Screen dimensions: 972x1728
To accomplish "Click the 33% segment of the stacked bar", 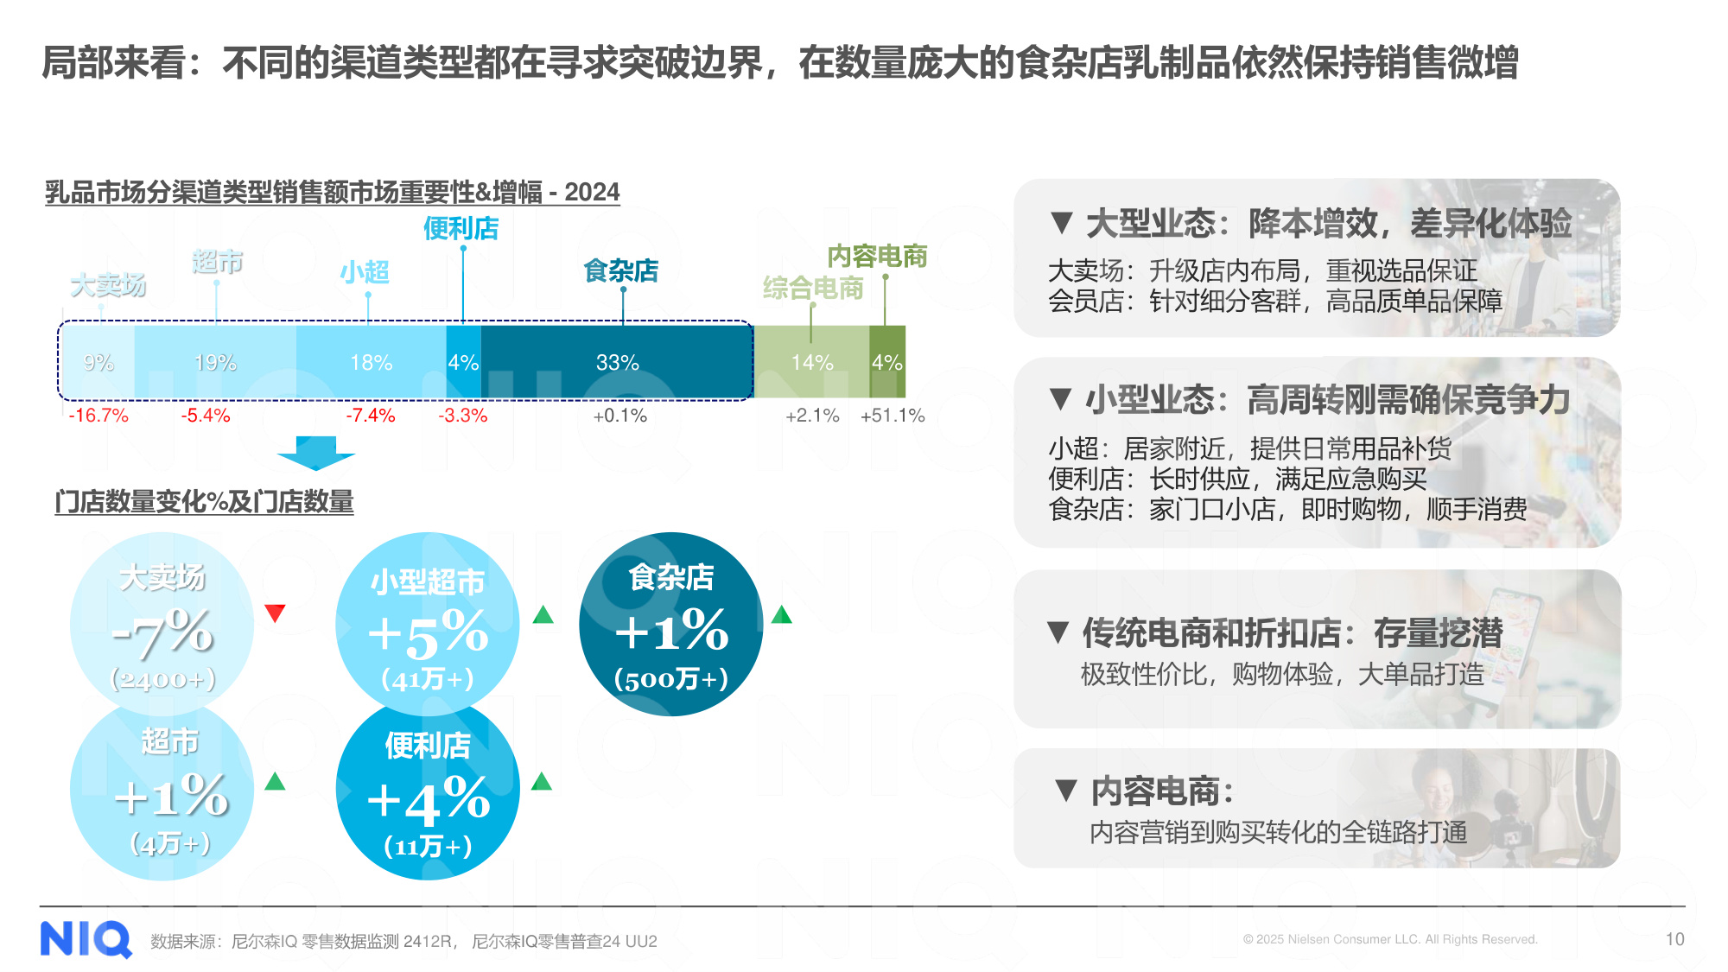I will tap(617, 363).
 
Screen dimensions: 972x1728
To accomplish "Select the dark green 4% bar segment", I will tap(887, 363).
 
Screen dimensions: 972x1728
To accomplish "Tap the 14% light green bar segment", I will tap(812, 363).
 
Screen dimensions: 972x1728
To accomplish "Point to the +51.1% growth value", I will tap(893, 416).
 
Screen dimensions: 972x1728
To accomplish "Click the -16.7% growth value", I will tap(98, 416).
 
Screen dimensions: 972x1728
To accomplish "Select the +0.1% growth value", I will tap(619, 416).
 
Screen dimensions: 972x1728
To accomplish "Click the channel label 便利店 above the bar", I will tap(461, 229).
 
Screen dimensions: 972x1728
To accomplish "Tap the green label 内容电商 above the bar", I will tap(877, 257).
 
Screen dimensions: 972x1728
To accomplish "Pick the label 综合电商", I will tap(813, 288).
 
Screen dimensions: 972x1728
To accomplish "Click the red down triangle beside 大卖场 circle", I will tap(275, 613).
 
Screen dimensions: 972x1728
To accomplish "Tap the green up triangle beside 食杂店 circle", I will tap(781, 614).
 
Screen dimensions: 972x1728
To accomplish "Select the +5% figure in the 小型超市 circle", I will tap(429, 633).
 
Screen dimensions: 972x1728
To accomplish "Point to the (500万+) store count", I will tap(671, 679).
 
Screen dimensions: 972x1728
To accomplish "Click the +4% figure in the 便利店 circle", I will tap(429, 800).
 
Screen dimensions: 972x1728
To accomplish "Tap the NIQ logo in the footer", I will tap(86, 939).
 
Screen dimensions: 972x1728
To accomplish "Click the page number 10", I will tap(1674, 939).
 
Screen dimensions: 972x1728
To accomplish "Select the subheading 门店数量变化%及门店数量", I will tap(204, 502).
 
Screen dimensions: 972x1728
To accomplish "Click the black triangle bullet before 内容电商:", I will tap(1066, 790).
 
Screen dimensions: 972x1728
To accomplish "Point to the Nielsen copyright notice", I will tap(1389, 939).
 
